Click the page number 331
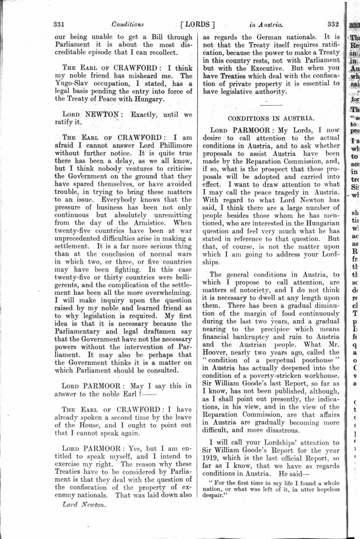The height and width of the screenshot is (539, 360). [59, 24]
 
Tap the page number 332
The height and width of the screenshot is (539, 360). [333, 24]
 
